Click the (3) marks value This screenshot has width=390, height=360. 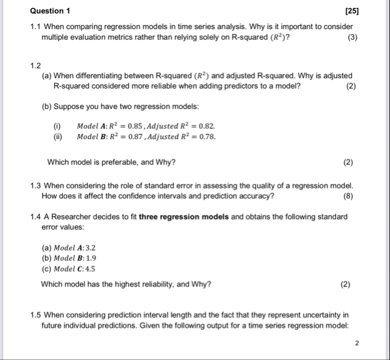[351, 38]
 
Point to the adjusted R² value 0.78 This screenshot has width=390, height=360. [206, 136]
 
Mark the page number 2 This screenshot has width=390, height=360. [357, 343]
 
